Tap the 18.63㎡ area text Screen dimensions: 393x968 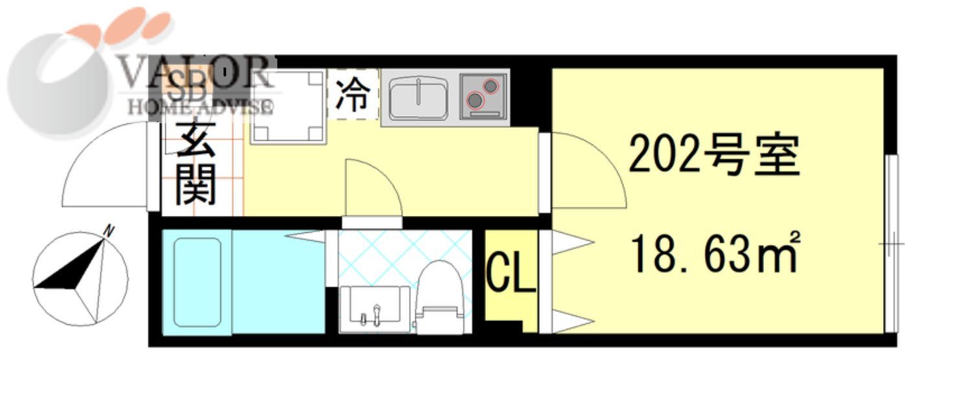coord(715,254)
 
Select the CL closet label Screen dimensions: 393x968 coord(511,275)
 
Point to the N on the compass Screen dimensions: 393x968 coord(109,230)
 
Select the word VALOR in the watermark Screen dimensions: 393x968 coord(194,73)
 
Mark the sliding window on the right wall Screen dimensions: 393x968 coord(892,243)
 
